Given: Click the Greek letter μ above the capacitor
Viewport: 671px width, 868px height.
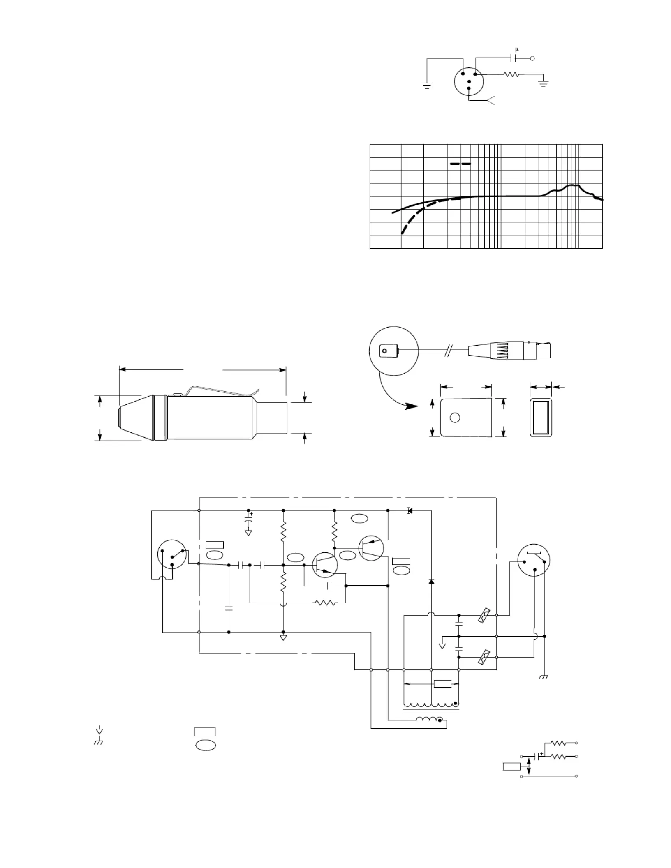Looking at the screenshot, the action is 517,50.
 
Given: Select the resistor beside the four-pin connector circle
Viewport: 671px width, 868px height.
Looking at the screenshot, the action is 512,74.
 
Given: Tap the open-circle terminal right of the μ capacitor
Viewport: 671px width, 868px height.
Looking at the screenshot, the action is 532,58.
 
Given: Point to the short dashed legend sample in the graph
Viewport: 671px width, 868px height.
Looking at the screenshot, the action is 460,164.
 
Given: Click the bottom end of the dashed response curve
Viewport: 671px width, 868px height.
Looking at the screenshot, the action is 402,233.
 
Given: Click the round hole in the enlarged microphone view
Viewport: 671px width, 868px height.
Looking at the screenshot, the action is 455,418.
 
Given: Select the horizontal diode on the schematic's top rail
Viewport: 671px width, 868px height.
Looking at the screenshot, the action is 410,511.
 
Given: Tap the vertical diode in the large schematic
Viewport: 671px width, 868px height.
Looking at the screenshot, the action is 431,582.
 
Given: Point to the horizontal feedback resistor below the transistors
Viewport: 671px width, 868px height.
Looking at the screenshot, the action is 325,603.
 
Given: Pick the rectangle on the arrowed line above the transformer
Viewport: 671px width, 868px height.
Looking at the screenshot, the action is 442,684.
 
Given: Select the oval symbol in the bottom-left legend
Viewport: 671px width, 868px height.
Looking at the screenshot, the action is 206,745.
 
